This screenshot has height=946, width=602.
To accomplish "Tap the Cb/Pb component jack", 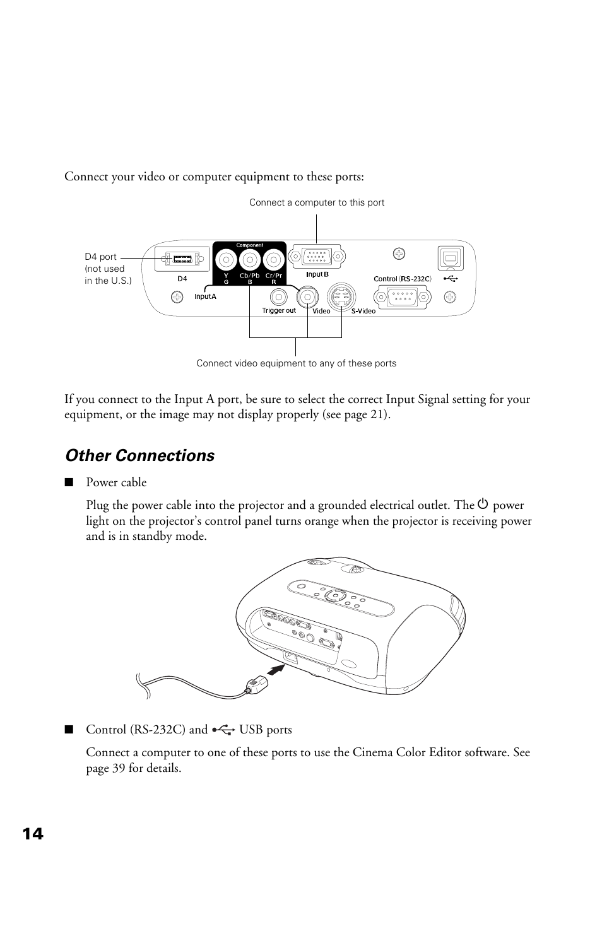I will click(x=250, y=259).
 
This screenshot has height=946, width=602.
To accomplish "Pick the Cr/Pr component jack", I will click(x=273, y=259).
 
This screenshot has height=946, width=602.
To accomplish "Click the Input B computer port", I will click(x=317, y=257).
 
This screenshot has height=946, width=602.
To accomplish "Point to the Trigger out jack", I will click(x=279, y=296).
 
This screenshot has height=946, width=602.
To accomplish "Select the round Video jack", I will click(x=308, y=295).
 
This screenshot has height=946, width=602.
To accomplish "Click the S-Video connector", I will click(x=341, y=295).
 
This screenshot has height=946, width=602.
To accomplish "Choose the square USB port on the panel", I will click(x=451, y=259).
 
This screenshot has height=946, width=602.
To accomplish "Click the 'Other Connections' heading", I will click(x=139, y=456).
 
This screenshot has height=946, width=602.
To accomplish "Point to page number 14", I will click(x=33, y=834).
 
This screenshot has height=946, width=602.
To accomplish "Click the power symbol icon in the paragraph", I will click(x=483, y=505).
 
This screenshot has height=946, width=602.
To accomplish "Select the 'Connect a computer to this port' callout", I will click(x=316, y=202).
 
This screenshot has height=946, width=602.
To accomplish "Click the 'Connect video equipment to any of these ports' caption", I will click(x=296, y=363).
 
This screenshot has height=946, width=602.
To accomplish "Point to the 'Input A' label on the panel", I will click(x=205, y=296).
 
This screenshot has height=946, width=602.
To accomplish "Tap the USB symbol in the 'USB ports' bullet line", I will click(x=224, y=730).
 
